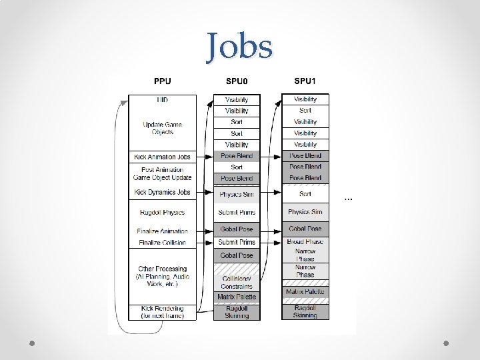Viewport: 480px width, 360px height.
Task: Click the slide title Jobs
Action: tap(239, 47)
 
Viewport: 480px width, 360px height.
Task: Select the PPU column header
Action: tap(162, 81)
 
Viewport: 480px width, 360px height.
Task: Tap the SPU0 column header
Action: tap(236, 81)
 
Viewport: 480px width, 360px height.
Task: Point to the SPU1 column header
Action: tap(305, 81)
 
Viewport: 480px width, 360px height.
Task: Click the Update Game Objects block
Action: tap(162, 128)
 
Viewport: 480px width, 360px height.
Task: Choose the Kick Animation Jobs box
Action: tap(162, 157)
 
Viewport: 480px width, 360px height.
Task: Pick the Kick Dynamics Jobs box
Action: tap(162, 192)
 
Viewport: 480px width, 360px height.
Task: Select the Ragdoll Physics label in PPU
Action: tap(162, 213)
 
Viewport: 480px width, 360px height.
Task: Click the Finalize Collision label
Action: tap(162, 243)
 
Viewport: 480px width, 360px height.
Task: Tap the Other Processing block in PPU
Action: tap(162, 276)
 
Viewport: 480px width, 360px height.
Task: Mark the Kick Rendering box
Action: tap(162, 312)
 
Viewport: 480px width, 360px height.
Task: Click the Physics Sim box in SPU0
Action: tap(237, 195)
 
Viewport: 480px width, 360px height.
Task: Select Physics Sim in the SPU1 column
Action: tap(305, 212)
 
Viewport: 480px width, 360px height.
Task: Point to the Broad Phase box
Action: tap(305, 241)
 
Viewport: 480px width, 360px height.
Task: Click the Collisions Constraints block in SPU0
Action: tap(237, 282)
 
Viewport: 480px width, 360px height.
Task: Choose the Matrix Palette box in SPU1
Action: tap(305, 292)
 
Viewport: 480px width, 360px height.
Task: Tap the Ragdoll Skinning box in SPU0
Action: tap(237, 312)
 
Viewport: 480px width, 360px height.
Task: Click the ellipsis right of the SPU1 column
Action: tap(347, 197)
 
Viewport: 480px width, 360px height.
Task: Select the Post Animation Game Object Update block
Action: tap(162, 174)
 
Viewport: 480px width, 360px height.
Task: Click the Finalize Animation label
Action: tap(162, 231)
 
